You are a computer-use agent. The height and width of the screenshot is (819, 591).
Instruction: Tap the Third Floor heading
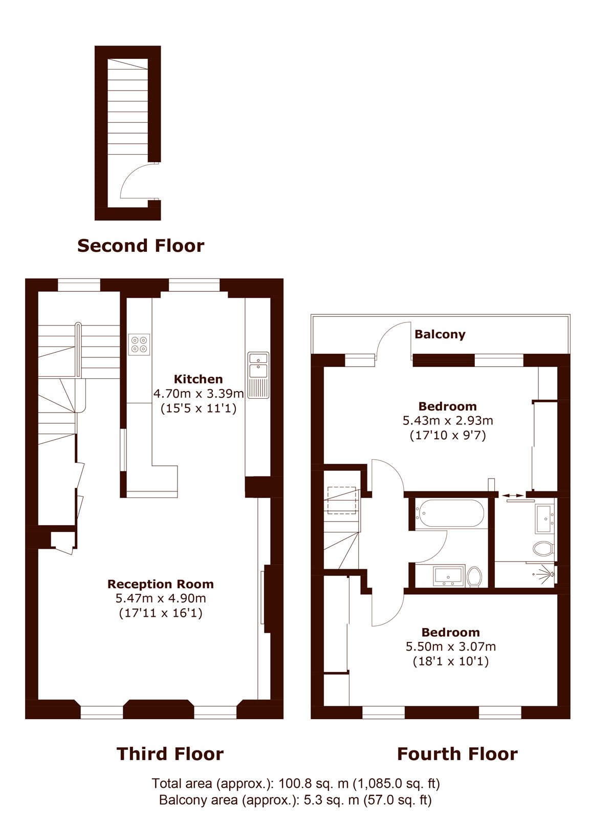(x=170, y=754)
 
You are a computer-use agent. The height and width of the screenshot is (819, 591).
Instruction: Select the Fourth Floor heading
(x=457, y=754)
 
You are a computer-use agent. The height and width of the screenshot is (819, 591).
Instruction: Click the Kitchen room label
(x=198, y=379)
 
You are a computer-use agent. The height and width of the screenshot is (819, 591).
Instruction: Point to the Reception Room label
(x=161, y=584)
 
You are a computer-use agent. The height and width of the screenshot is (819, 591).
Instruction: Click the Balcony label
(x=440, y=334)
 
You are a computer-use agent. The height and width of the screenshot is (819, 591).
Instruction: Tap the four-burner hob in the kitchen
(x=139, y=344)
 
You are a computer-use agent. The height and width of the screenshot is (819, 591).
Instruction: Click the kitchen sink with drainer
(x=258, y=375)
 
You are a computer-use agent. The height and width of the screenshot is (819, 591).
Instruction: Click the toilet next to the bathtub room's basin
(x=474, y=577)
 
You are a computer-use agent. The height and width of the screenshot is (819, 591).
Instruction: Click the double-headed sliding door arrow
(x=512, y=495)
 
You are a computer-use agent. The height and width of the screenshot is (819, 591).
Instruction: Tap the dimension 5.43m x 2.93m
(x=448, y=420)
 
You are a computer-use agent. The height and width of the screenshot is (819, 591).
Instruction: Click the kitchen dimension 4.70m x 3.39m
(x=199, y=394)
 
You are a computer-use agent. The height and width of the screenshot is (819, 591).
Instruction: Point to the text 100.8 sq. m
(x=313, y=783)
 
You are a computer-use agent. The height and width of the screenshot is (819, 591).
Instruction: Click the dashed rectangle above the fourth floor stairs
(x=342, y=500)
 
